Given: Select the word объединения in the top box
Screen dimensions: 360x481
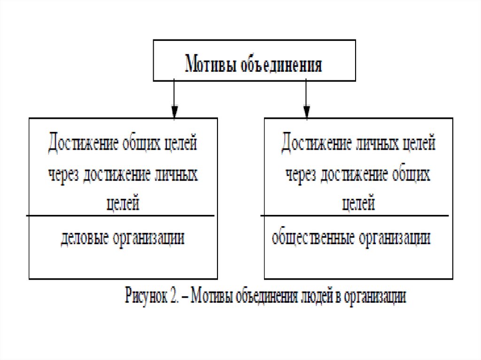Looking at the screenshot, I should pos(281,64).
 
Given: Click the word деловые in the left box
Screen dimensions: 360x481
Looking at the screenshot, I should pos(84,238).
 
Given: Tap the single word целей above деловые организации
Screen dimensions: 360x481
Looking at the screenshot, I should pos(122,204).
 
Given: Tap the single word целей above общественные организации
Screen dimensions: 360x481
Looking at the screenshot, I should pos(358,204).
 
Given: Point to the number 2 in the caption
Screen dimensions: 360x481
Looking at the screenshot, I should pos(173,297).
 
